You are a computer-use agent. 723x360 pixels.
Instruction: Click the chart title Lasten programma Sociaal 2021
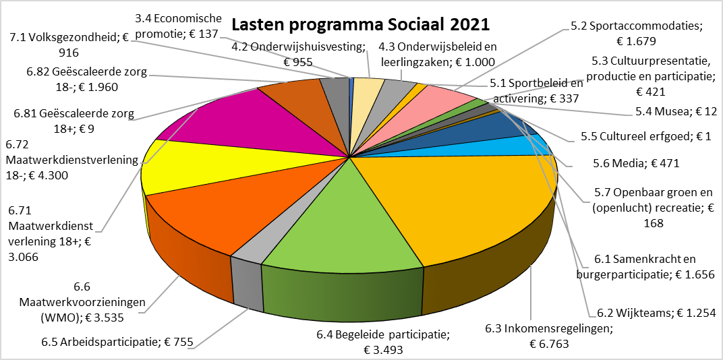(x=361, y=24)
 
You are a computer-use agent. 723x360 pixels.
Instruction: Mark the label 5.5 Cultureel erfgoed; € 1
(x=647, y=137)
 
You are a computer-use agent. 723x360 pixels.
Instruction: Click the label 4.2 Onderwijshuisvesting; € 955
(x=298, y=54)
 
